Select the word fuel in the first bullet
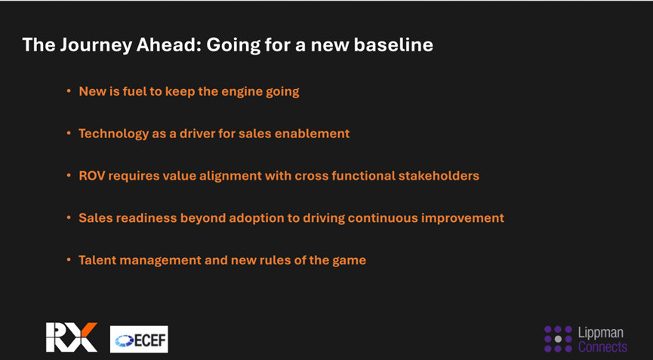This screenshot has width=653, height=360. click(134, 91)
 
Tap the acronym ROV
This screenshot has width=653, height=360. click(91, 176)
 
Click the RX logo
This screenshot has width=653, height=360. click(71, 337)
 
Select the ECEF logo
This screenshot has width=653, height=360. click(139, 339)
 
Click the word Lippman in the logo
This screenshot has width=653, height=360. click(601, 333)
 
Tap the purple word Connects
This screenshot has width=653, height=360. click(602, 346)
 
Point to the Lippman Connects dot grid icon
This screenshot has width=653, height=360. click(558, 339)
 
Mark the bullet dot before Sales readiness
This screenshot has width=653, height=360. click(69, 218)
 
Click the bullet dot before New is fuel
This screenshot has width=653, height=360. click(69, 91)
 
